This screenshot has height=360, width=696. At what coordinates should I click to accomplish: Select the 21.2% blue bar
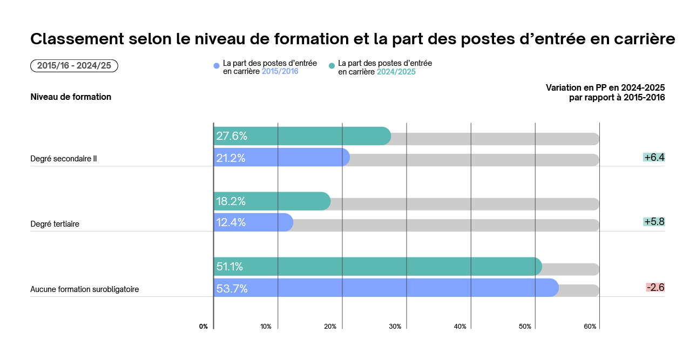(281, 158)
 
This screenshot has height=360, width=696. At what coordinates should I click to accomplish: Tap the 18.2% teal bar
(271, 201)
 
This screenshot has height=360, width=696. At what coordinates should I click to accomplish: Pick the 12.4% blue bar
(253, 222)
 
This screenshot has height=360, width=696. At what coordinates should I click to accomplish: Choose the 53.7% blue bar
(386, 288)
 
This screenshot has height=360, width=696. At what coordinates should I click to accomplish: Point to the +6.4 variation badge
(654, 158)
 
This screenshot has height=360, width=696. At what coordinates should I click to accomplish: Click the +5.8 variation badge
(654, 222)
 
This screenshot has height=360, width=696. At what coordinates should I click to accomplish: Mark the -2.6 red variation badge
(655, 287)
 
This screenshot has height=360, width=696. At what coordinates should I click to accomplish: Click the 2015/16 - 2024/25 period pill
(74, 66)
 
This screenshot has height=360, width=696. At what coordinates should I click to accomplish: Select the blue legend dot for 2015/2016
(217, 66)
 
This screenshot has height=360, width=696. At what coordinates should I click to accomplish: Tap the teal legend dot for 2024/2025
(332, 66)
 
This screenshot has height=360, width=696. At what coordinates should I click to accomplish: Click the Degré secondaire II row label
(64, 159)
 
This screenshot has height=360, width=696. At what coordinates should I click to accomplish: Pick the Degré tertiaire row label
(55, 224)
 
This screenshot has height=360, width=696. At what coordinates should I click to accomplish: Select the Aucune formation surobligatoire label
(85, 289)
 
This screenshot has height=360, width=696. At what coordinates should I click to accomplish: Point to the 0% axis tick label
(204, 327)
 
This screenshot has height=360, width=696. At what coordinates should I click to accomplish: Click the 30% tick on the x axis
(395, 327)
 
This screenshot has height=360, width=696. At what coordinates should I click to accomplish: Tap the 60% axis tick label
(590, 327)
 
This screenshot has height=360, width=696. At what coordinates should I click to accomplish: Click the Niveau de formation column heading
(71, 97)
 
